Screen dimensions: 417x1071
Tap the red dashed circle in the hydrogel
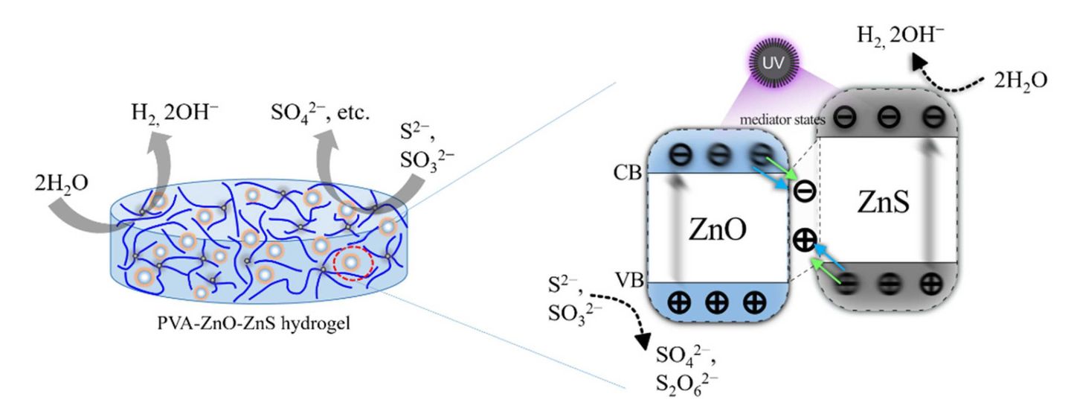[352, 263]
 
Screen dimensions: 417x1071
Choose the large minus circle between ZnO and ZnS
[805, 191]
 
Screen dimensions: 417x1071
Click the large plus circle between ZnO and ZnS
[805, 241]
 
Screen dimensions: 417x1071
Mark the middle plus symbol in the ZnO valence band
[717, 304]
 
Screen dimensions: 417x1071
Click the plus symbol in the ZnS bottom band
[929, 283]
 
